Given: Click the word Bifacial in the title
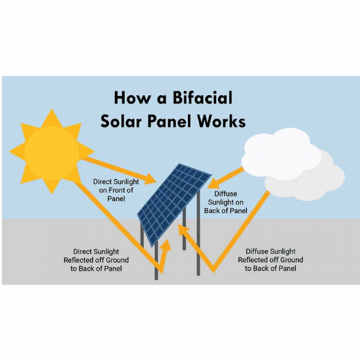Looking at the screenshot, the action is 202,98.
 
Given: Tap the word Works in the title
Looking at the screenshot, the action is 221,121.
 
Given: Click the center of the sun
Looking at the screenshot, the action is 52,152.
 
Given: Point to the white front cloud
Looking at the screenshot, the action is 281,153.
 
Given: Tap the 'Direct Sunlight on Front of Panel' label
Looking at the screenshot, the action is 116,190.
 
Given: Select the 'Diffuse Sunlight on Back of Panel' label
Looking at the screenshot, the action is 225,202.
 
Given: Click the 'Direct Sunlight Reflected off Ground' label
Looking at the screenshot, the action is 96,260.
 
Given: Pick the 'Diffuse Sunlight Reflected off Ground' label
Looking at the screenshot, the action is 271,260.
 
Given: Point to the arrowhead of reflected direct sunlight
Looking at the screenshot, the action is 166,245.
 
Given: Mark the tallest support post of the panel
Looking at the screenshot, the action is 198,233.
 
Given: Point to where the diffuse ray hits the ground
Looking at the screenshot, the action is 214,271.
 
